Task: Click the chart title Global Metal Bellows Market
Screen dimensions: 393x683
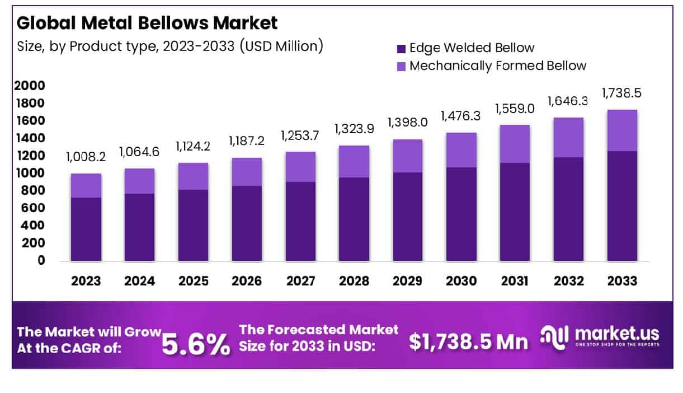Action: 147,23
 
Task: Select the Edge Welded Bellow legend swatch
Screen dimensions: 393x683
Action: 401,48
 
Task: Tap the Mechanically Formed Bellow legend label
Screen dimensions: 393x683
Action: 497,65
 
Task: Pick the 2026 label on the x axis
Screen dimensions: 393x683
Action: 246,280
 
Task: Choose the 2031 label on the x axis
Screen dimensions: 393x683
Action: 515,280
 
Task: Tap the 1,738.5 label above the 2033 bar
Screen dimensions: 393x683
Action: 621,93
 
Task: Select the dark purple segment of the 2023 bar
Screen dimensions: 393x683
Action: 86,229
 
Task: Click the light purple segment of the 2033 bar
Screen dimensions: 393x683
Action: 622,130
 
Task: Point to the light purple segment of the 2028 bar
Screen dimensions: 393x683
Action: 354,161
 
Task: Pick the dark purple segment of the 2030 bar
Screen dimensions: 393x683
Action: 461,214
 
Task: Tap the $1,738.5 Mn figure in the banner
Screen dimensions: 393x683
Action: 468,341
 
